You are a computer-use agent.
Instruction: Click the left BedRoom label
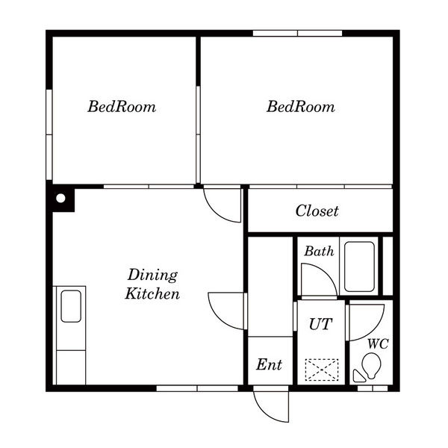coord(122,107)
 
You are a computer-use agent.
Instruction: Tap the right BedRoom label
coord(301,107)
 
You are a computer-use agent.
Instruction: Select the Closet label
coord(317,211)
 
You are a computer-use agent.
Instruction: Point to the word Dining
coord(152,275)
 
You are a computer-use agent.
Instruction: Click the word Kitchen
coord(152,293)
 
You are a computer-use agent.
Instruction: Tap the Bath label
coord(319,251)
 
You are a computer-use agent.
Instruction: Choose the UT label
coord(320,324)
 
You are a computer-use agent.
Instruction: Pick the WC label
coord(378,344)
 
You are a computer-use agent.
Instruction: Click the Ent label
coord(269,364)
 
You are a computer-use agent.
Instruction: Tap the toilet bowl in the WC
coord(371,365)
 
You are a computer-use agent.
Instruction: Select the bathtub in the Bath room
coord(359,267)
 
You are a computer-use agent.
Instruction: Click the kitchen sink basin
coord(71,306)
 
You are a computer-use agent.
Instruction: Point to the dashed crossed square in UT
coord(322,370)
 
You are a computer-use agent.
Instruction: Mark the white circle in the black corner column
coord(60,198)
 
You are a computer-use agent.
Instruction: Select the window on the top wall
coord(297,33)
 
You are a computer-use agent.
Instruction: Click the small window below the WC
coord(373,388)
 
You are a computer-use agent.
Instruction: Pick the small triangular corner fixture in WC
coord(358,377)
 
